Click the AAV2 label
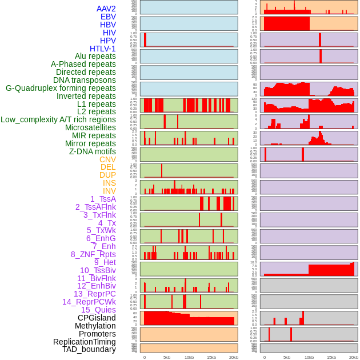(106, 9)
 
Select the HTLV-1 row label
(102, 49)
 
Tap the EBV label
(108, 17)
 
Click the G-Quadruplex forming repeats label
(61, 88)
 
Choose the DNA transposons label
(84, 80)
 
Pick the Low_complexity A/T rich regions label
(58, 119)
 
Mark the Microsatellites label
(90, 127)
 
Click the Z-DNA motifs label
(92, 151)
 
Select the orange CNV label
(107, 159)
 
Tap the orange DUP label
(107, 175)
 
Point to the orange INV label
(109, 191)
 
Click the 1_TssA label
(103, 199)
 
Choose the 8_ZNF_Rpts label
(93, 254)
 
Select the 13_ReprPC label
(94, 294)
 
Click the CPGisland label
(97, 318)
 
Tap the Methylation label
(95, 326)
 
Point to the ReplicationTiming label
(84, 342)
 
